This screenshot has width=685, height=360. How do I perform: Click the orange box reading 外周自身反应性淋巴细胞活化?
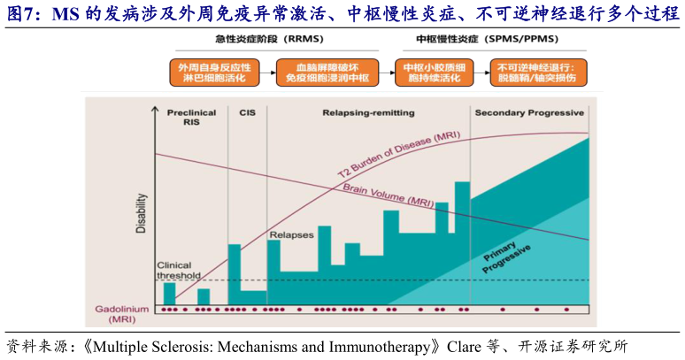(214, 73)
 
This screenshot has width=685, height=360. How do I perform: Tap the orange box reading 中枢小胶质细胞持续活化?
(435, 73)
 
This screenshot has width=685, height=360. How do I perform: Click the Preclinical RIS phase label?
(191, 118)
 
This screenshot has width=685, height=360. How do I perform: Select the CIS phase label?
(247, 112)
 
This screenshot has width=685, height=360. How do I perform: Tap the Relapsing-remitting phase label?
(358, 112)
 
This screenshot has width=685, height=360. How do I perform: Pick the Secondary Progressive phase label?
(529, 112)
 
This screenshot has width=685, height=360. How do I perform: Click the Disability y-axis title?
(141, 215)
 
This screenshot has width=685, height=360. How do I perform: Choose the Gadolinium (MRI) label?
(123, 312)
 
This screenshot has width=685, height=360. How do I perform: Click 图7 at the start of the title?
(22, 13)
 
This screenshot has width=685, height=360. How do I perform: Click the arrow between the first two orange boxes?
(267, 73)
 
